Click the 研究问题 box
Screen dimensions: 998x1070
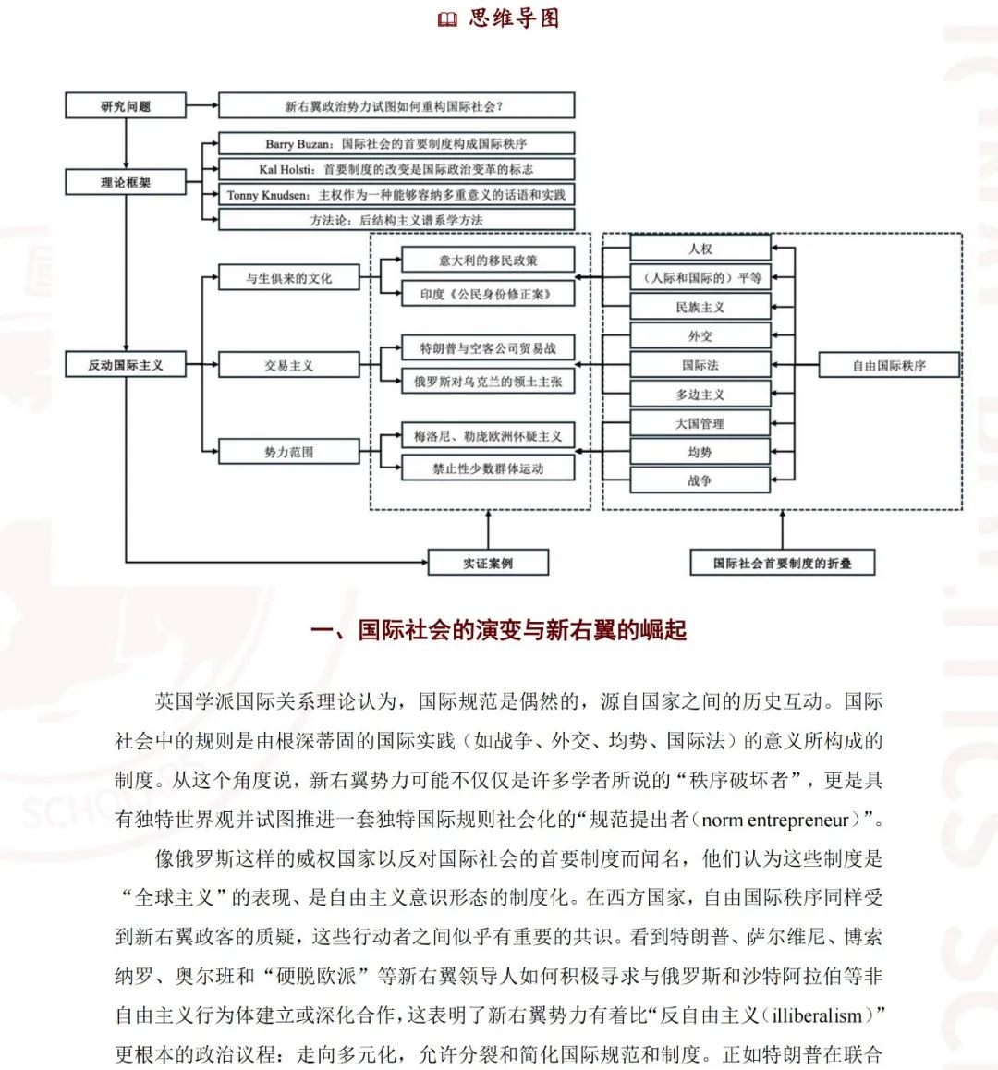point(126,105)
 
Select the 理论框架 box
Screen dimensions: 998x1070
point(126,182)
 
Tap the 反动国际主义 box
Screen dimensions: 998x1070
point(126,364)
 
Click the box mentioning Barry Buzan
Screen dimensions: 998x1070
point(396,143)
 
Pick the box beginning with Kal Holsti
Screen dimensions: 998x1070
point(396,168)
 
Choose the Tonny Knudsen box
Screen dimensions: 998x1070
point(396,194)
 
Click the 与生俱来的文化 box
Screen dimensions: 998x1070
point(288,278)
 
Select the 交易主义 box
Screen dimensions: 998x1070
point(288,365)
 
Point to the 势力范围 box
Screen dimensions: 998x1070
point(288,452)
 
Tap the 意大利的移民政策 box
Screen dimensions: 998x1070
point(488,260)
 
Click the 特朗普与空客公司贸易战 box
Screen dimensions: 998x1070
point(488,348)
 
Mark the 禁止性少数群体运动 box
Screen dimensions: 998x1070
point(488,468)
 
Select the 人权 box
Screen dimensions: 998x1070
point(700,249)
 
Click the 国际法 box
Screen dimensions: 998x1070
point(700,364)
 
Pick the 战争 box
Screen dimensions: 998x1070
point(700,480)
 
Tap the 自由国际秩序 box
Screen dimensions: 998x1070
point(890,365)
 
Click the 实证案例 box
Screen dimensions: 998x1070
point(488,563)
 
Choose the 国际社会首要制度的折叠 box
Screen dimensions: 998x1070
point(783,563)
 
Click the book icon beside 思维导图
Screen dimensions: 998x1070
point(447,19)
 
